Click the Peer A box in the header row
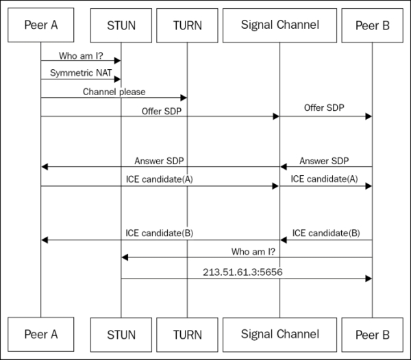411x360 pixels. pyautogui.click(x=40, y=26)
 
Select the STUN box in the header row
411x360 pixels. pyautogui.click(x=121, y=26)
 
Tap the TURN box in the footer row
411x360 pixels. pyautogui.click(x=187, y=335)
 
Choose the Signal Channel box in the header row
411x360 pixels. pyautogui.click(x=279, y=26)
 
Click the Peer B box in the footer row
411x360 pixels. pyautogui.click(x=372, y=335)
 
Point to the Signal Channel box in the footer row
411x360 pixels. pyautogui.click(x=279, y=335)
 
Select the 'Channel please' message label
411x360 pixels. pyautogui.click(x=114, y=91)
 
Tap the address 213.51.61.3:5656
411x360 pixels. pyautogui.click(x=242, y=272)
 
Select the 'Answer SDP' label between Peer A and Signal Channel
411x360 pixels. pyautogui.click(x=160, y=161)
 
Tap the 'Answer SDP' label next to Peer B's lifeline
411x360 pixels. pyautogui.click(x=325, y=161)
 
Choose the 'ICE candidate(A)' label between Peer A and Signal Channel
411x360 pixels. pyautogui.click(x=160, y=179)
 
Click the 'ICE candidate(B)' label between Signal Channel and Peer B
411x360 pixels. pyautogui.click(x=325, y=233)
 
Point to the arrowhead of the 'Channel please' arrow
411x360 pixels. pyautogui.click(x=183, y=98)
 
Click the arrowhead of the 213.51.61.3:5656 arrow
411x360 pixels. pyautogui.click(x=368, y=279)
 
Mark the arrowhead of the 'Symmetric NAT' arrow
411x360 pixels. pyautogui.click(x=118, y=79)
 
